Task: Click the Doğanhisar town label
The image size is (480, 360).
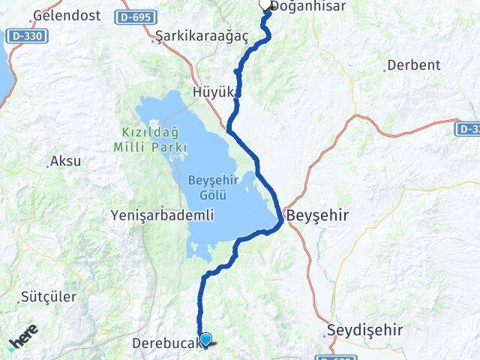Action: click(x=308, y=6)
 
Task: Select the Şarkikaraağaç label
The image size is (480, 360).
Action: click(x=190, y=36)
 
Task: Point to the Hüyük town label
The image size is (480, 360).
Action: click(x=214, y=92)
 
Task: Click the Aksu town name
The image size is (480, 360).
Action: click(x=65, y=160)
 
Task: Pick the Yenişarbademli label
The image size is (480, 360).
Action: click(x=162, y=215)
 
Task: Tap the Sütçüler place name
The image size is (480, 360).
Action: click(x=49, y=296)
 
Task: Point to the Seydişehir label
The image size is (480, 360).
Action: click(x=365, y=330)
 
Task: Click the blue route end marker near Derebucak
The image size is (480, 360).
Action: click(x=205, y=340)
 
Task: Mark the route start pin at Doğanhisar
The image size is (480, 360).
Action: click(x=266, y=4)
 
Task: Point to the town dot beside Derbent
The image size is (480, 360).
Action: click(x=385, y=70)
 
